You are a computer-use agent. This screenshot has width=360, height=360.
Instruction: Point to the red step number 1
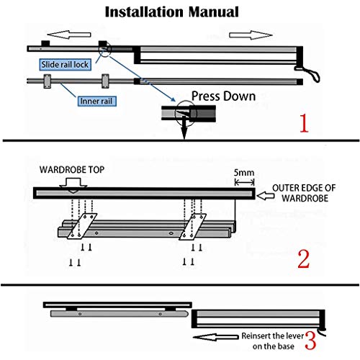point(305,123)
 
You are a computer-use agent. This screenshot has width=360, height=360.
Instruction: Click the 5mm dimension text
point(242,173)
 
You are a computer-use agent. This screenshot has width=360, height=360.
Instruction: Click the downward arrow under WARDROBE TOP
point(73,183)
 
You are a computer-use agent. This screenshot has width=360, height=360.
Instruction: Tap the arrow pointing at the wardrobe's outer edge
point(264,193)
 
